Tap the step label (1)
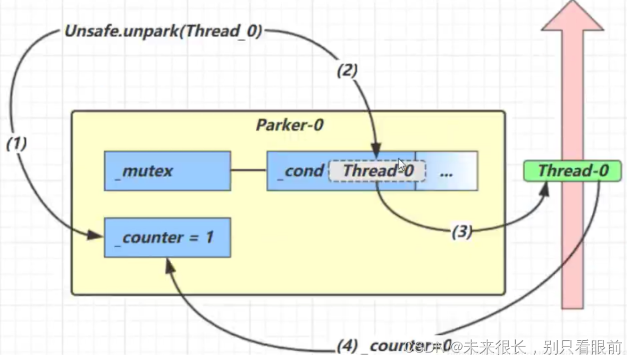pyautogui.click(x=16, y=144)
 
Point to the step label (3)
pyautogui.click(x=461, y=232)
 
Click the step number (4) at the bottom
pyautogui.click(x=347, y=346)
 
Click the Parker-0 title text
pyautogui.click(x=289, y=125)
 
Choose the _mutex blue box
pyautogui.click(x=167, y=171)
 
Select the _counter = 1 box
pyautogui.click(x=167, y=237)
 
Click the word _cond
pyautogui.click(x=300, y=171)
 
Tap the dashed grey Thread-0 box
pyautogui.click(x=377, y=171)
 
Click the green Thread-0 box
pyautogui.click(x=572, y=171)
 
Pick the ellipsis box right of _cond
pyautogui.click(x=447, y=171)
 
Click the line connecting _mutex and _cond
pyautogui.click(x=248, y=171)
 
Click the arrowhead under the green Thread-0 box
pyautogui.click(x=547, y=189)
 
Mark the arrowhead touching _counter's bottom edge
pyautogui.click(x=169, y=265)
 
